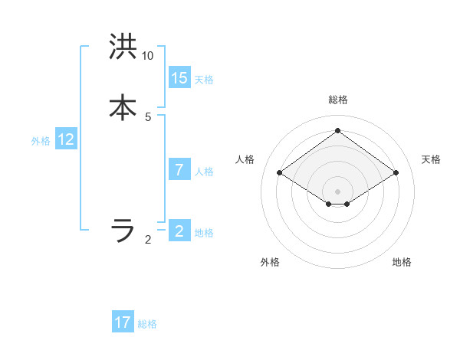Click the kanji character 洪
pyautogui.click(x=123, y=47)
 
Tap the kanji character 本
pyautogui.click(x=123, y=106)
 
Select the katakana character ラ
pyautogui.click(x=123, y=229)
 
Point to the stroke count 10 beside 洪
pyautogui.click(x=148, y=56)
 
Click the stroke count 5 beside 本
pyautogui.click(x=148, y=116)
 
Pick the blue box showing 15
pyautogui.click(x=179, y=78)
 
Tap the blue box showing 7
pyautogui.click(x=179, y=170)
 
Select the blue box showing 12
pyautogui.click(x=66, y=139)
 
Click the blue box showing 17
pyautogui.click(x=123, y=322)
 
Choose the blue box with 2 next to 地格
pyautogui.click(x=179, y=231)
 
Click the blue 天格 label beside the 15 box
pyautogui.click(x=204, y=80)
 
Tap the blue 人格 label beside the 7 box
pyautogui.click(x=204, y=172)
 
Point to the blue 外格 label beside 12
pyautogui.click(x=41, y=141)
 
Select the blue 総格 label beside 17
pyautogui.click(x=147, y=324)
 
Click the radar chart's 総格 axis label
pyautogui.click(x=338, y=100)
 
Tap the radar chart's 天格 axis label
pyautogui.click(x=431, y=159)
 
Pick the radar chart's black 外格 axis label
pyautogui.click(x=270, y=262)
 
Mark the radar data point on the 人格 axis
pyautogui.click(x=280, y=173)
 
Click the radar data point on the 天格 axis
pyautogui.click(x=396, y=173)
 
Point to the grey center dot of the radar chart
pyautogui.click(x=338, y=191)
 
